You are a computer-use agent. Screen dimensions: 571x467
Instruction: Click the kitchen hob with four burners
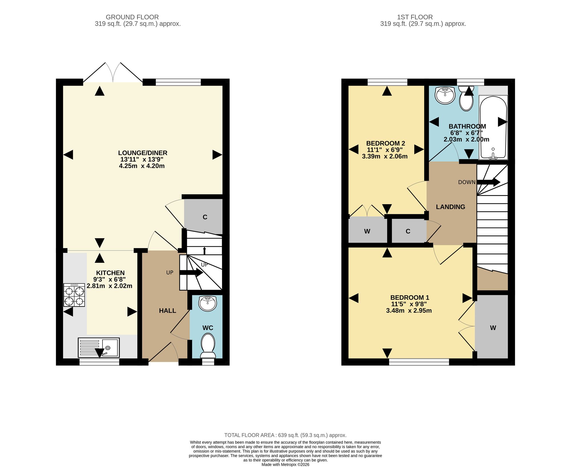click(74, 295)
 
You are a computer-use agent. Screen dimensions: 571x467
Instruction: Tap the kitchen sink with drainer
click(99, 347)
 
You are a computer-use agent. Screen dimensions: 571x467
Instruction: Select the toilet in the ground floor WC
click(208, 346)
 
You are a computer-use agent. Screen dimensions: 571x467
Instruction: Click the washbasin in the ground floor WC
click(208, 304)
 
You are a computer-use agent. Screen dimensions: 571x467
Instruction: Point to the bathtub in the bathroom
click(493, 127)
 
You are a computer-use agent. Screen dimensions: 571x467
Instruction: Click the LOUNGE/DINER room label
click(143, 153)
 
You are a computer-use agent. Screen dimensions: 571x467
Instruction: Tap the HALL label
click(168, 311)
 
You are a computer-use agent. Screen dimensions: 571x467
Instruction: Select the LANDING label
click(451, 207)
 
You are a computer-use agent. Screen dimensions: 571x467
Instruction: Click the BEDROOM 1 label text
click(410, 298)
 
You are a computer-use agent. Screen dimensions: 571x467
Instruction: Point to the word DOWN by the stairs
click(467, 182)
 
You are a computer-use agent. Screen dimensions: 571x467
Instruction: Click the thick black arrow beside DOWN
click(488, 182)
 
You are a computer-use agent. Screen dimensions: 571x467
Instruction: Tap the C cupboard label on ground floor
click(205, 217)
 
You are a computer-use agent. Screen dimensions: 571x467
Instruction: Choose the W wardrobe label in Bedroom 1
click(493, 328)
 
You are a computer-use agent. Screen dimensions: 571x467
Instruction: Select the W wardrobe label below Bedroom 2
click(367, 231)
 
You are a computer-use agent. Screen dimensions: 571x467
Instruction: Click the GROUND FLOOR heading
click(132, 17)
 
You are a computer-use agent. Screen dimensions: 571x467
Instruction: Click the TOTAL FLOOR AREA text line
click(285, 435)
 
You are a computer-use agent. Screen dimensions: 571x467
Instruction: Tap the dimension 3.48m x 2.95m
click(409, 311)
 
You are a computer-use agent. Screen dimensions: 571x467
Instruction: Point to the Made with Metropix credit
click(285, 464)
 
